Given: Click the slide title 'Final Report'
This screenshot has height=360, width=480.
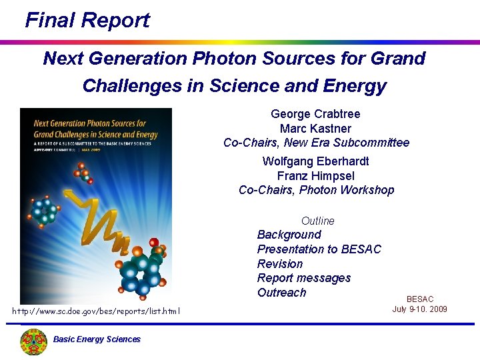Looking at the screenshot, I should [x=87, y=21].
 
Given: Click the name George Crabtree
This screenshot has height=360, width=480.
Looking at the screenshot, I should [x=315, y=114].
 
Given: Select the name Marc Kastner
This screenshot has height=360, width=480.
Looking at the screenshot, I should [x=315, y=129].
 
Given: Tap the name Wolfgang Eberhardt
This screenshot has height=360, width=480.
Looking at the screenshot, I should [x=315, y=161].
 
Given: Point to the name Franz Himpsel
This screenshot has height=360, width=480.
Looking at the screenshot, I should [x=315, y=176].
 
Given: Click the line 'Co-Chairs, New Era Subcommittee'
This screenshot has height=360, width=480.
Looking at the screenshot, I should [x=316, y=143].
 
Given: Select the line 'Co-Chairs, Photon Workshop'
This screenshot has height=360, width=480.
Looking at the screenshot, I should [x=316, y=190].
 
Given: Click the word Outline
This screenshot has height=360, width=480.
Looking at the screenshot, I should [x=318, y=221].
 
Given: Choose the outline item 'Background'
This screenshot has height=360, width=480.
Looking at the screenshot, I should [x=289, y=235].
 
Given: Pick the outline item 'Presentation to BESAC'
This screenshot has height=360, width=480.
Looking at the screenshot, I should [x=319, y=249].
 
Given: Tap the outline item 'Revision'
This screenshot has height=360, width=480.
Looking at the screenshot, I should [x=279, y=264].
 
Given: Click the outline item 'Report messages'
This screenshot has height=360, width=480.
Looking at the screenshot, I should [x=303, y=278].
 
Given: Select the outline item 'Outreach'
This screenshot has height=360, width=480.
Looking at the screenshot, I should [x=281, y=293].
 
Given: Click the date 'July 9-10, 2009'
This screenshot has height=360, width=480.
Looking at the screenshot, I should [x=420, y=309].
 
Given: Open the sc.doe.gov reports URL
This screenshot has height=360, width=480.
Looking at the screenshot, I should [x=96, y=311].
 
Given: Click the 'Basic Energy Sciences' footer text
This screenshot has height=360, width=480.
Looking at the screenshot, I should [x=97, y=339].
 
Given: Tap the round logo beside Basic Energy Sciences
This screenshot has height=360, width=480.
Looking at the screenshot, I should [x=33, y=341].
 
